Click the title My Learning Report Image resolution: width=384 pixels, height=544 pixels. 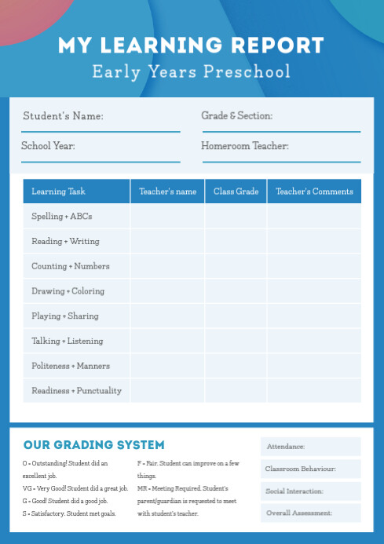[191, 45]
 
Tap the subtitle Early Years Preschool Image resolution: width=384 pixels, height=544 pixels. [191, 72]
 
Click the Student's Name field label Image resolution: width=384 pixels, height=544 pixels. [63, 116]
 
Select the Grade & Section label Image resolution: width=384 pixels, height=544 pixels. [237, 115]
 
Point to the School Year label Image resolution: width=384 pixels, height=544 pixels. [48, 145]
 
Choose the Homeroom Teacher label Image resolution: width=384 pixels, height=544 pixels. [245, 145]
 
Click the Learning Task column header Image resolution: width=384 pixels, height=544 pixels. [59, 192]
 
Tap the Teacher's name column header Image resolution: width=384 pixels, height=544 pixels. [168, 192]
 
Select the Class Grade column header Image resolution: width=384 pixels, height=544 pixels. [236, 192]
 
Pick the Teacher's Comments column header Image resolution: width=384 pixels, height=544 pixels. [314, 192]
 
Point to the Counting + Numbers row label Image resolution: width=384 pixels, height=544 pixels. [71, 266]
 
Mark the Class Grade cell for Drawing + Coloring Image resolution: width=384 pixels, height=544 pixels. [236, 291]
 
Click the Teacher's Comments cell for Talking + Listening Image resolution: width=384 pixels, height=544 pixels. [314, 341]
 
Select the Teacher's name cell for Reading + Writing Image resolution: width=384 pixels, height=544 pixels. [168, 241]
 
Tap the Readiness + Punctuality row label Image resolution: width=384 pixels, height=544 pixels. [76, 390]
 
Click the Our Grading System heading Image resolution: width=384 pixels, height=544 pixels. [94, 445]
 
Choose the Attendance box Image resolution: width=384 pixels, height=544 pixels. [311, 447]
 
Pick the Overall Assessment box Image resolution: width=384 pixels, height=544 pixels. [311, 513]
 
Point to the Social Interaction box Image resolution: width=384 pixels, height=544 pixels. [311, 491]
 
